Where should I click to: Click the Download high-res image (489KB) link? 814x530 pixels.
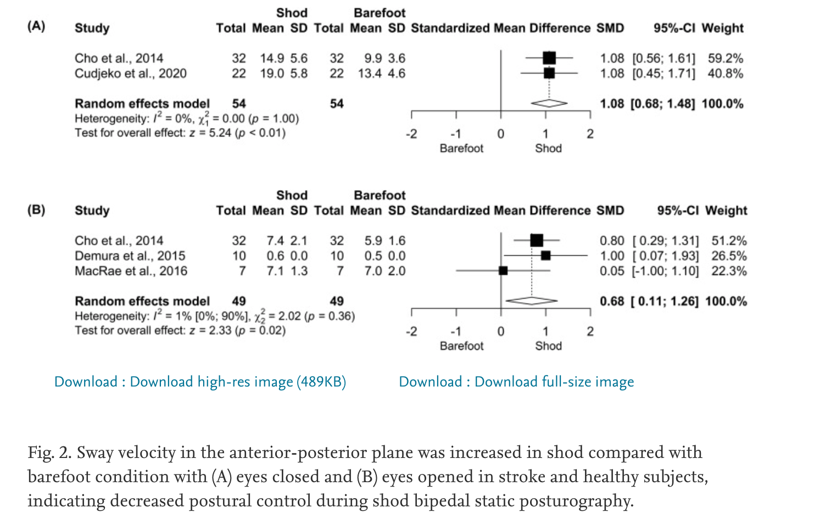tap(200, 382)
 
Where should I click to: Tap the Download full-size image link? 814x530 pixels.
tap(516, 382)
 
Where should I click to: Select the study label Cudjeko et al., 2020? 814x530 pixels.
tap(131, 73)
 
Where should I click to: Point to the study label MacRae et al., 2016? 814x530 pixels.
tap(131, 270)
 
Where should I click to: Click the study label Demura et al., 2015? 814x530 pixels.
tap(130, 256)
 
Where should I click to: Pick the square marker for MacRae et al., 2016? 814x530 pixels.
tap(503, 270)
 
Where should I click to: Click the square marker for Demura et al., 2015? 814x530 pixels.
tap(545, 256)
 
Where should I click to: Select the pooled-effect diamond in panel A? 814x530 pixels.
tap(549, 103)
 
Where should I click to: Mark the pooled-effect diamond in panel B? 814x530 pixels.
tap(531, 301)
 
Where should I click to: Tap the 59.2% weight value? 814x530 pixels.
tap(725, 58)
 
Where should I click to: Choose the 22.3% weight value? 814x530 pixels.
tap(729, 270)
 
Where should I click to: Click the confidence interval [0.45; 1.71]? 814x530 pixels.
tap(664, 73)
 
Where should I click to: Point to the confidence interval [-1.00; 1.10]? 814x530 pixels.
tap(666, 270)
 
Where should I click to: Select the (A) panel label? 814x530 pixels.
tap(36, 26)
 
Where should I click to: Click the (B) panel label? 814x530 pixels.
tap(36, 209)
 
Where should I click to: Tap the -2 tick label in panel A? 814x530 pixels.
tap(411, 134)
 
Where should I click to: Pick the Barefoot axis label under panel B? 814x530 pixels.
tap(461, 346)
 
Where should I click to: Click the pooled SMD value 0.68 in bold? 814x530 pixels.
tap(612, 301)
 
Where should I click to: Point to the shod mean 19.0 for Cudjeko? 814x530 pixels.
tap(272, 73)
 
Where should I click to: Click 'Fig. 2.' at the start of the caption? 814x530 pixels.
tap(50, 452)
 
